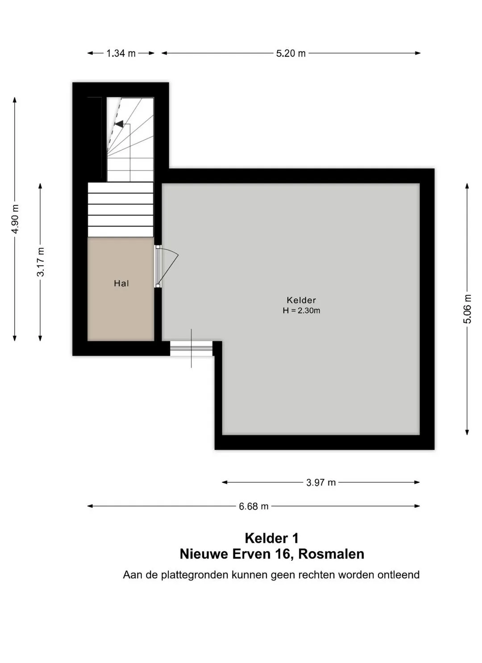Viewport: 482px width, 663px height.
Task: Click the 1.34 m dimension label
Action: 121,53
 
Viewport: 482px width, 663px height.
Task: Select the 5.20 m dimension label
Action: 291,53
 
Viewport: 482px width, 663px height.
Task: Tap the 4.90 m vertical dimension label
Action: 15,219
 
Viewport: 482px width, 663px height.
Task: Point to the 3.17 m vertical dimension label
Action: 40,262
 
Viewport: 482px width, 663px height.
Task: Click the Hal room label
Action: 121,284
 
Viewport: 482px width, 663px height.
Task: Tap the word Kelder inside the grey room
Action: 301,300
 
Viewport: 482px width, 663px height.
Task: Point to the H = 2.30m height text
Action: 301,311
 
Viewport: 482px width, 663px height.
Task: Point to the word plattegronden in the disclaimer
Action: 195,575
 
